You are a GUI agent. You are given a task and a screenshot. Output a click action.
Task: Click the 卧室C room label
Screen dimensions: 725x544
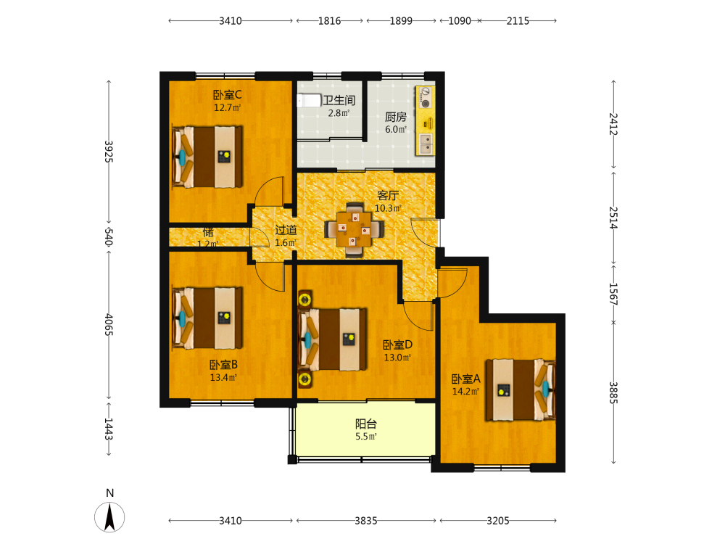pyautogui.click(x=227, y=95)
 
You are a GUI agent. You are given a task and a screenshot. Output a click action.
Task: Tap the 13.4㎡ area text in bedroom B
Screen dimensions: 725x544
pyautogui.click(x=223, y=377)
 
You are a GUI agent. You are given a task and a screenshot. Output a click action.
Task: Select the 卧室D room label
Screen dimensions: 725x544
pyautogui.click(x=397, y=345)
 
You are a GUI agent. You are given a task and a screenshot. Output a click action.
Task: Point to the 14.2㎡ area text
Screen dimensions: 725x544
pyautogui.click(x=465, y=392)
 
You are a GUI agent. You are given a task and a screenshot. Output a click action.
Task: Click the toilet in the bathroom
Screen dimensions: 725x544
pyautogui.click(x=309, y=100)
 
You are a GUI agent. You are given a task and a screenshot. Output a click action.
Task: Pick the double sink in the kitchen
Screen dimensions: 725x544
pyautogui.click(x=426, y=144)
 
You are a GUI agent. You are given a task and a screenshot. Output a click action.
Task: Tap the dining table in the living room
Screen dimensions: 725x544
pyautogui.click(x=355, y=229)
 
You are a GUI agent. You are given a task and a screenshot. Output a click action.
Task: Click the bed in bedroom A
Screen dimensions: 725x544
pyautogui.click(x=520, y=390)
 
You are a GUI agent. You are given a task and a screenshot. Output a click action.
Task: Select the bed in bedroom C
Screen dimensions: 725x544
pyautogui.click(x=207, y=157)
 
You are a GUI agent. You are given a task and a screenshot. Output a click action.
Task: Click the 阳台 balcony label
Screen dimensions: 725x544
pyautogui.click(x=365, y=424)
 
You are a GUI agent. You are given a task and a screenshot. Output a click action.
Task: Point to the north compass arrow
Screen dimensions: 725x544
pyautogui.click(x=109, y=517)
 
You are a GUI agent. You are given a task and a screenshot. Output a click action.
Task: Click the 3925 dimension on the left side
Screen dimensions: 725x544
pyautogui.click(x=108, y=152)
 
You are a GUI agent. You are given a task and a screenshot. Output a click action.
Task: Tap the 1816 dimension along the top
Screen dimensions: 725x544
pyautogui.click(x=329, y=21)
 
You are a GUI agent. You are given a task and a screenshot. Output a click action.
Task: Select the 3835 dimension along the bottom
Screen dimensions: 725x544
pyautogui.click(x=365, y=521)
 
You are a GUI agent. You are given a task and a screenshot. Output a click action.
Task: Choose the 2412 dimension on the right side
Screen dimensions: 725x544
pyautogui.click(x=613, y=124)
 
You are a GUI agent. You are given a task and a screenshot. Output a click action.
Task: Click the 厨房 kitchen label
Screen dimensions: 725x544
pyautogui.click(x=396, y=117)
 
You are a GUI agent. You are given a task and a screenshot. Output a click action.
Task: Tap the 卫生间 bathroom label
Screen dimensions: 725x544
pyautogui.click(x=339, y=100)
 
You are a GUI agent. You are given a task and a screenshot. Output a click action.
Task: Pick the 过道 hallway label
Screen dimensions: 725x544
pyautogui.click(x=286, y=230)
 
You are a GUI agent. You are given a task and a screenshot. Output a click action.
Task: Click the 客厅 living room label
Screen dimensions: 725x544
pyautogui.click(x=387, y=195)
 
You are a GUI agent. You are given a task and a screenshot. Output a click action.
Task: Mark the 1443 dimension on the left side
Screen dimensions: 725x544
pyautogui.click(x=108, y=429)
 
